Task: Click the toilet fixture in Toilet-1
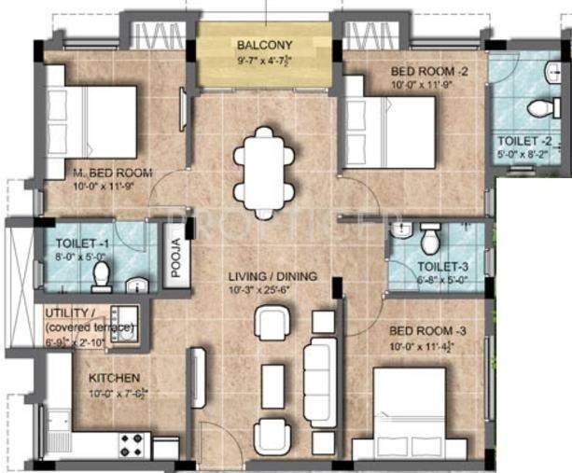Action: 103,276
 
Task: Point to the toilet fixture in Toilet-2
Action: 544,108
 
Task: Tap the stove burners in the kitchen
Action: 132,444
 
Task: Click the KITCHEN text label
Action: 115,378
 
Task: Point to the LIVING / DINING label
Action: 274,277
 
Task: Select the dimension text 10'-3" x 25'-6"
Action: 274,289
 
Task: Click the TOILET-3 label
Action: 443,268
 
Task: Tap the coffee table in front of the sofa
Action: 272,386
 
